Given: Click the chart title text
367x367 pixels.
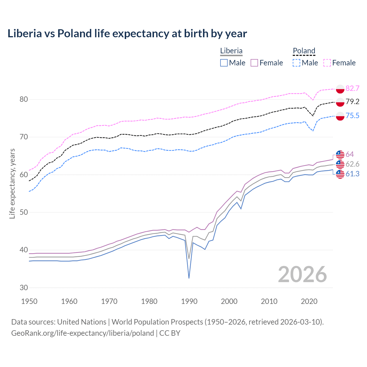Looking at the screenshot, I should point(127,34).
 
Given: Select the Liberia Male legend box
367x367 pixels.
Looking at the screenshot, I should point(224,63).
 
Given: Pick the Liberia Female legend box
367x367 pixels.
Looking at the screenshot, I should point(255,63).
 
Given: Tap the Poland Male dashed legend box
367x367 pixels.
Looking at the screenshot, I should point(296,63).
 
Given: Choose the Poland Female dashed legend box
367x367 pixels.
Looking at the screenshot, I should point(327,63).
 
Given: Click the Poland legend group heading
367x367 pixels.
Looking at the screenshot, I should point(304,51).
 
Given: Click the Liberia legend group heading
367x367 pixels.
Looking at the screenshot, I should point(231,51).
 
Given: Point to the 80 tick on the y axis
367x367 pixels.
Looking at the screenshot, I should point(24,99).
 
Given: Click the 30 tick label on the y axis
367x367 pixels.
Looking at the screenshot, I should point(24,288).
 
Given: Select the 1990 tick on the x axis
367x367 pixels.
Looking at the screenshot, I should point(189,301).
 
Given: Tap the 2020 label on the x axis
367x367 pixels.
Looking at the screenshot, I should point(309,301).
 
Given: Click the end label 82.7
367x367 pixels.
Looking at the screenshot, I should point(352,88).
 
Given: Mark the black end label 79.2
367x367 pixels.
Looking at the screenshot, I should point(352,101).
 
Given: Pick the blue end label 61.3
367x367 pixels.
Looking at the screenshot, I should point(352,174).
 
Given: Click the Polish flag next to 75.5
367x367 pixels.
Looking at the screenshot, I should point(340,116).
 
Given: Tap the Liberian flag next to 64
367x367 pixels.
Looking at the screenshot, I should point(340,155).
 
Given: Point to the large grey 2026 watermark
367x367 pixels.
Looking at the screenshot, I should point(302,274).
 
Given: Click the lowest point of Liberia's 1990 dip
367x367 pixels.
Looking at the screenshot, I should point(189,278).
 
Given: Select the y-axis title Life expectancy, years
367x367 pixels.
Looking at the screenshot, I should point(12,183).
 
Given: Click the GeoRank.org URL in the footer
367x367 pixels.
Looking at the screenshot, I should point(83,333).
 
